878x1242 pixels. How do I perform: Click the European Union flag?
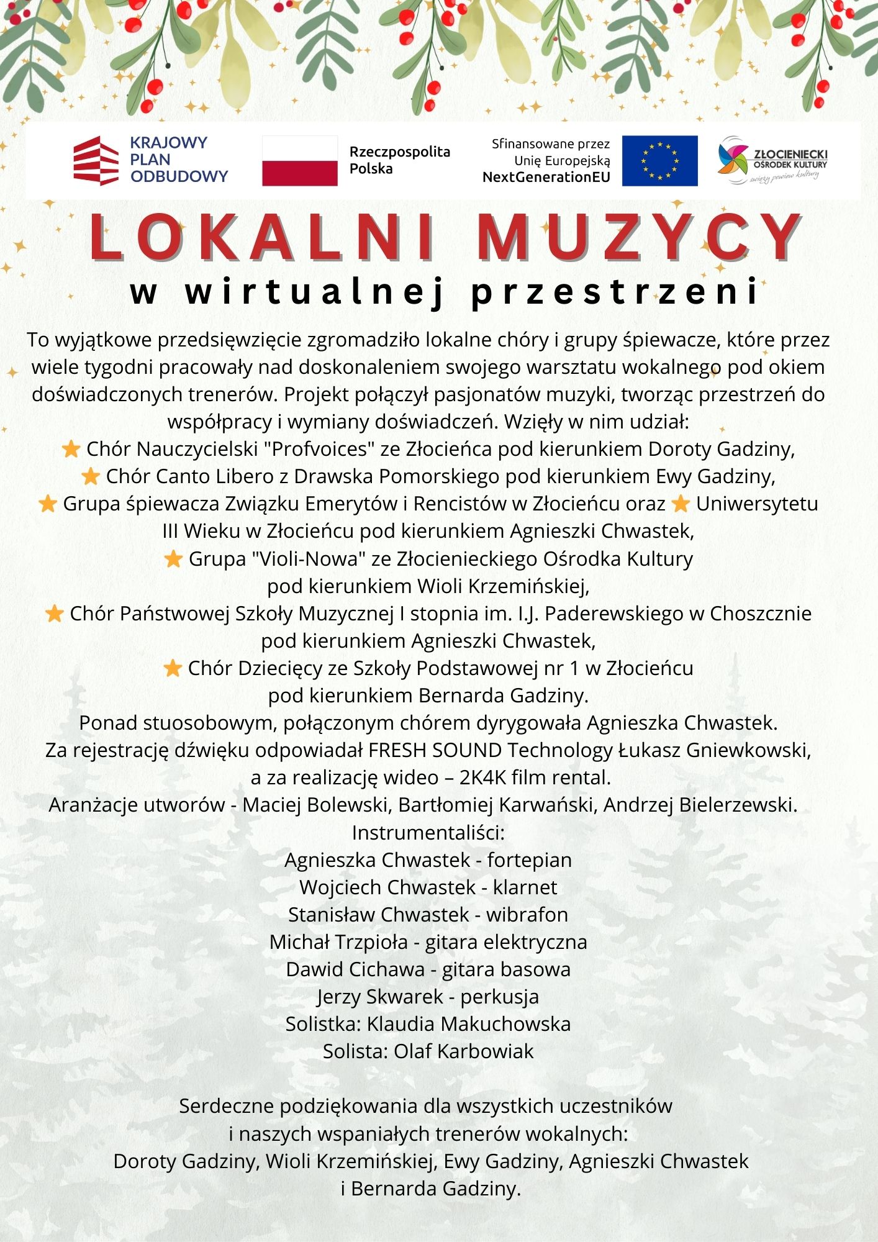(x=659, y=161)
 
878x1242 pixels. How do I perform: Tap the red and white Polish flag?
(x=300, y=161)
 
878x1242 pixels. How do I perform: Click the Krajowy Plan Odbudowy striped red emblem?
(x=96, y=161)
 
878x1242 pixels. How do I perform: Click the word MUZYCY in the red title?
(x=639, y=237)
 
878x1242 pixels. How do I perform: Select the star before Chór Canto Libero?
(x=91, y=476)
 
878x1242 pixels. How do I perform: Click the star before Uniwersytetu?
(x=681, y=504)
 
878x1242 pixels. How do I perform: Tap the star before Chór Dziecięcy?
(x=172, y=668)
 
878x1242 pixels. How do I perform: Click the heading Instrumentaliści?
(x=428, y=832)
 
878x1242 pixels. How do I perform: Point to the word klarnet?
(x=525, y=887)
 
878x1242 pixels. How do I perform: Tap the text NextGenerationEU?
(x=546, y=178)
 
